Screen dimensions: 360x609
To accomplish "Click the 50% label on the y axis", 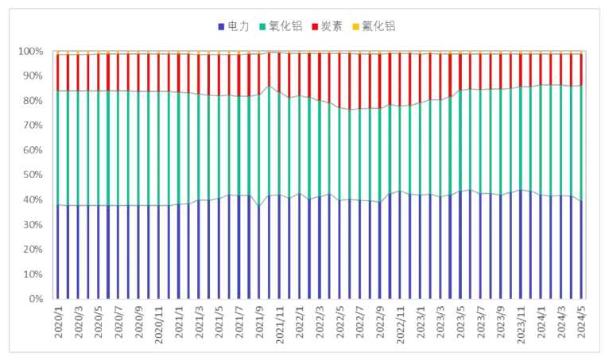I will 33,176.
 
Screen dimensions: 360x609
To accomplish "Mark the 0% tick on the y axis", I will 36,300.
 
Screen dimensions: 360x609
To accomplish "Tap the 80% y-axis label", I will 33,101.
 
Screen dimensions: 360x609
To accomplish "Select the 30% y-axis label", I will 33,225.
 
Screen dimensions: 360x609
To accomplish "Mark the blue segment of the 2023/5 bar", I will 462,246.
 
